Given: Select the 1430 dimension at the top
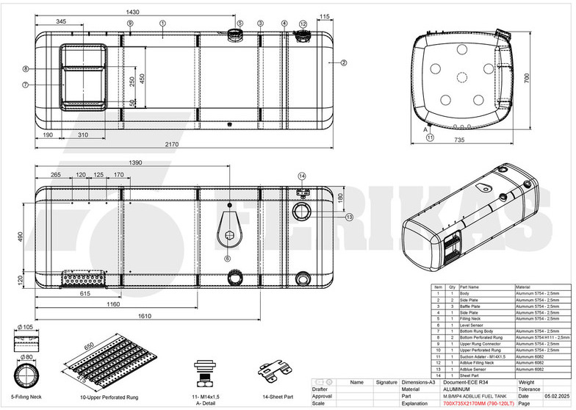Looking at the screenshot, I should (x=133, y=12).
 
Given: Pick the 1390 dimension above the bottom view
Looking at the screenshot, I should (x=134, y=162).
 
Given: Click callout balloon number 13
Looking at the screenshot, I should (x=349, y=217).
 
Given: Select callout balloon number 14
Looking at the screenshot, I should (x=302, y=176).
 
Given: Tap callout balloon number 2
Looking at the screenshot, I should (x=343, y=63).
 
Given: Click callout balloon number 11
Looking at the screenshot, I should (x=431, y=137).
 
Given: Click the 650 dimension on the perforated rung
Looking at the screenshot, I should (x=90, y=345).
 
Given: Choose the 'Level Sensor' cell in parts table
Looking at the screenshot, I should (x=475, y=324).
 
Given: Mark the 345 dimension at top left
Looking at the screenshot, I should (x=61, y=22).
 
